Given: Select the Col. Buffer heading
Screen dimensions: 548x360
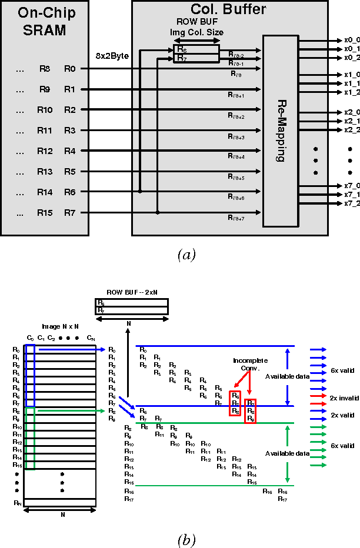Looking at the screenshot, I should (228, 9).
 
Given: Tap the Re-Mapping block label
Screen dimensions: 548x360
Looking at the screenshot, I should (280, 131).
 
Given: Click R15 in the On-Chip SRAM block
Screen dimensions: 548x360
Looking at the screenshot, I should (45, 213).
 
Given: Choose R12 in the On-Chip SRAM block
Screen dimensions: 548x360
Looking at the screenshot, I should (45, 151).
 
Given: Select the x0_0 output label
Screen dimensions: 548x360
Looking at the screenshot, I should (351, 40).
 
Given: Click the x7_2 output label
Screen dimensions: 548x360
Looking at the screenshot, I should (351, 203).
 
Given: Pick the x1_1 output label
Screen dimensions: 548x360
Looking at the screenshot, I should (351, 83).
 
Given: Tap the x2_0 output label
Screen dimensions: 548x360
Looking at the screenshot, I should (351, 112).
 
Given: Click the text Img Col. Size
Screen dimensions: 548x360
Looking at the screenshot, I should (196, 32).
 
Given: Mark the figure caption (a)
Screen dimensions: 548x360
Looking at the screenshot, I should (186, 254).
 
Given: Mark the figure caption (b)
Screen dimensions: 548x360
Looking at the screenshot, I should (186, 539).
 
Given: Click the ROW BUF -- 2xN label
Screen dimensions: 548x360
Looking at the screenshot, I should (131, 292).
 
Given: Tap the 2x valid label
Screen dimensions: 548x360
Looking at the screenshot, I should (342, 415).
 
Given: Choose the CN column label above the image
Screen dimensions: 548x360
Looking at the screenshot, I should (90, 338).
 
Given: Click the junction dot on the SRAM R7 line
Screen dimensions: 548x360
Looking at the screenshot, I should (157, 212).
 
